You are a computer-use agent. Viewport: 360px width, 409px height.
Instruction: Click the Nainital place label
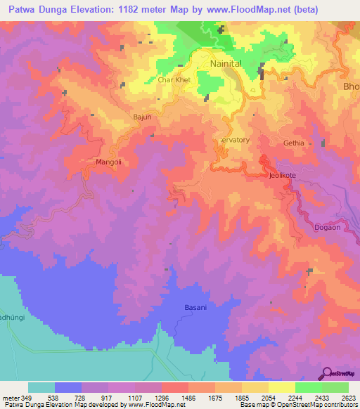pos(226,63)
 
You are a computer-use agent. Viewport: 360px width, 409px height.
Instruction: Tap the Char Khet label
pos(174,80)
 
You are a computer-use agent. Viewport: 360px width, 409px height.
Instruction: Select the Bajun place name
pos(142,117)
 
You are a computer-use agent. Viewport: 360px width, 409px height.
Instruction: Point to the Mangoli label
pos(108,162)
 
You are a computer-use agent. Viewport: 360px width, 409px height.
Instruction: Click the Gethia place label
pos(293,143)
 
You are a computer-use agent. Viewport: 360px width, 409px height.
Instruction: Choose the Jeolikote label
pos(283,176)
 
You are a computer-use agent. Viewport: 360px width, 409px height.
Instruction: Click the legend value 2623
pos(347,398)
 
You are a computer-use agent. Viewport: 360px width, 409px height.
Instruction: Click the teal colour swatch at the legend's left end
pos(41,387)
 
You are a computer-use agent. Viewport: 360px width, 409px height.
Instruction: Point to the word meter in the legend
pos(10,398)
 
